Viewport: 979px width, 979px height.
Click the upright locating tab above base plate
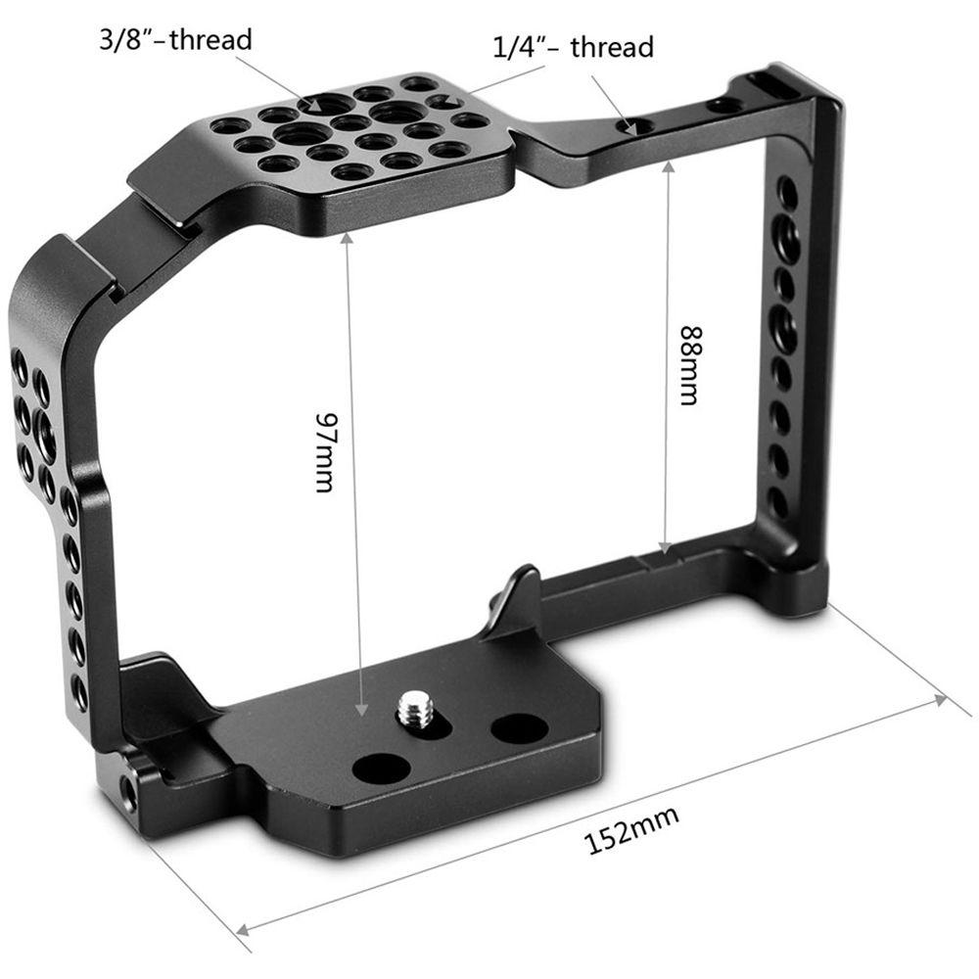tap(517, 598)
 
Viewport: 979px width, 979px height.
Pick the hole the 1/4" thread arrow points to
tap(639, 126)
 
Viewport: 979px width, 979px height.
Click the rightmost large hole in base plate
tap(519, 727)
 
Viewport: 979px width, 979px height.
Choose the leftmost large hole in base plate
tap(381, 769)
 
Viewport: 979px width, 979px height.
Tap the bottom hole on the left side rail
tap(79, 693)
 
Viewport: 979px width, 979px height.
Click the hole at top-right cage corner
tap(724, 105)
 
